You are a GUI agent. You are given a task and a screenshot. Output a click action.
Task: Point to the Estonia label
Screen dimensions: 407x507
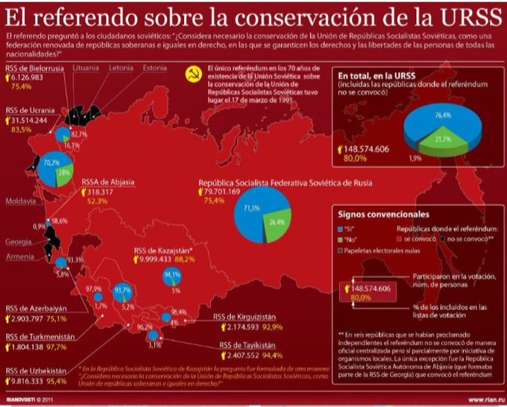click(156, 68)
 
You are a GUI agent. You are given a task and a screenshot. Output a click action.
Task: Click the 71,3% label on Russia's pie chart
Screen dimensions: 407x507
click(251, 208)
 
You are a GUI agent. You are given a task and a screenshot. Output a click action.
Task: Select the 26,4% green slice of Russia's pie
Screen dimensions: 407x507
click(277, 221)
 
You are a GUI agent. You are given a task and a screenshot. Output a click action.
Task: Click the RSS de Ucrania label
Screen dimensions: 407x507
click(28, 110)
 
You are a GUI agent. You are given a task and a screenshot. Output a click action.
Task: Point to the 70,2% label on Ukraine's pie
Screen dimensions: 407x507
click(51, 162)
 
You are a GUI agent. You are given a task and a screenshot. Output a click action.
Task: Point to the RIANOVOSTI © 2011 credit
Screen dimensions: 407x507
click(30, 399)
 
